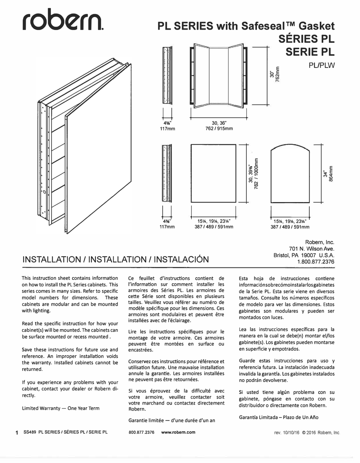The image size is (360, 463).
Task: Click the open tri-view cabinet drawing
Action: coord(218,76)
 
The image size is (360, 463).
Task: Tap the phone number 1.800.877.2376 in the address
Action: coord(316,262)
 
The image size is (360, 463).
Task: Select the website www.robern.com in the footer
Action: coord(178,432)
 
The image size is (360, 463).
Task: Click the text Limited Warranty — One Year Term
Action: coord(61,408)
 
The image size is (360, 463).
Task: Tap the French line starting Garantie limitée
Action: coord(172,420)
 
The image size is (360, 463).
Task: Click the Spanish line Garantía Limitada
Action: coord(279,417)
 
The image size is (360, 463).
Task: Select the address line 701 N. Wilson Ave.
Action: coord(311,249)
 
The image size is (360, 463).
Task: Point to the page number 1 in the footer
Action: coord(17,433)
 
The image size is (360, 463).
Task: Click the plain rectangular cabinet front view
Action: coord(213,173)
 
